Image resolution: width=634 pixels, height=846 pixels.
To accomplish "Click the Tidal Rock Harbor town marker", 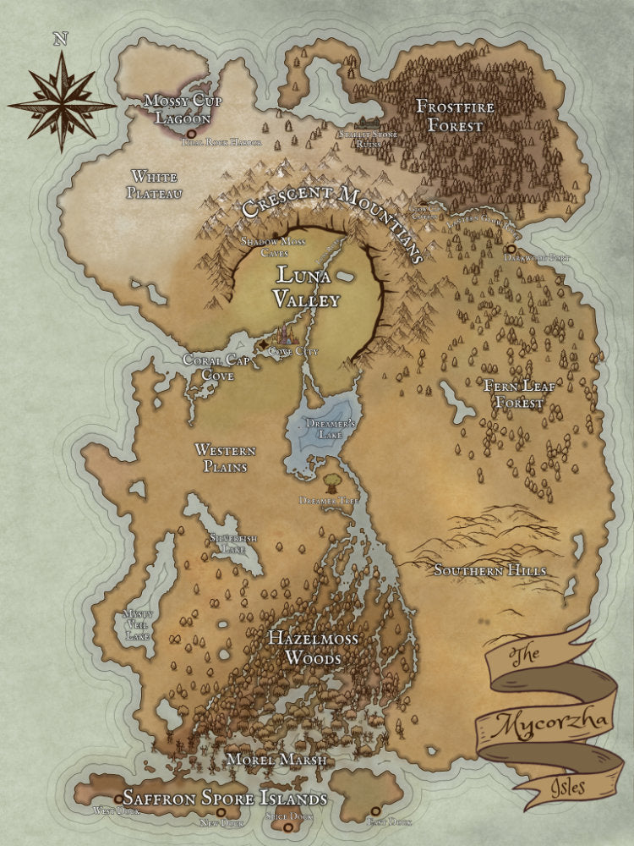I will click(x=191, y=134).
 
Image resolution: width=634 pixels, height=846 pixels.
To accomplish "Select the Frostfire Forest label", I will click(x=453, y=117).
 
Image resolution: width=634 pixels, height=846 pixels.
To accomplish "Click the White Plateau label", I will click(x=154, y=185).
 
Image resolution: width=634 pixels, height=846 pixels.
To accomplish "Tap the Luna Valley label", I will click(x=305, y=287).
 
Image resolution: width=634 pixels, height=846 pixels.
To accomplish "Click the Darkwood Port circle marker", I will click(x=511, y=248).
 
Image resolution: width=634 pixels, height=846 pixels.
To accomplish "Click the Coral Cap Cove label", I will click(x=212, y=366).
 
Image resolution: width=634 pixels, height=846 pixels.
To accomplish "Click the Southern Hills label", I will click(x=489, y=571).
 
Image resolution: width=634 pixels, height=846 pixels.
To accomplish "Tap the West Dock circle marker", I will click(x=118, y=798).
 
